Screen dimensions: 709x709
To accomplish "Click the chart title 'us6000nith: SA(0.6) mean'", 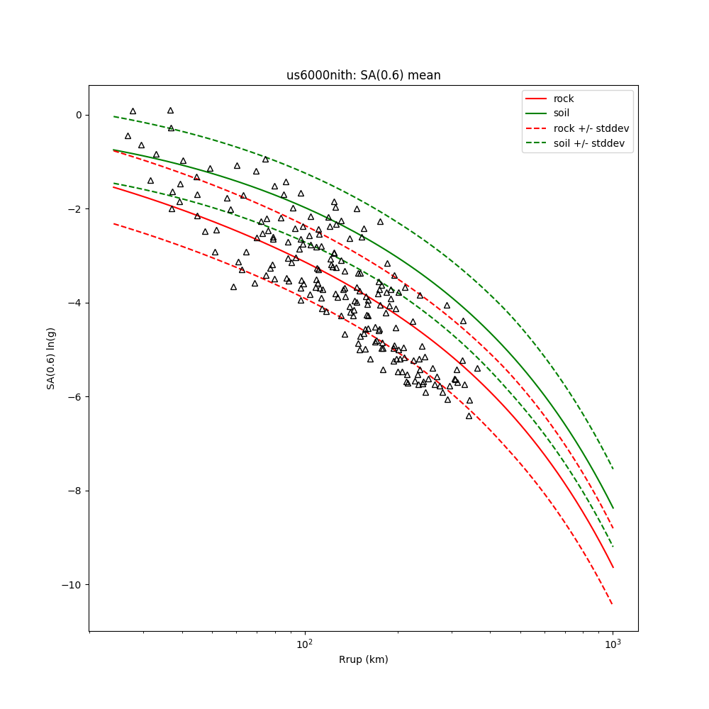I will click(363, 75).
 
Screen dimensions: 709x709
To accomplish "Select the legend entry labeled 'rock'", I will click(564, 99).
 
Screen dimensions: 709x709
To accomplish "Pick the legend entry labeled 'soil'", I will click(562, 113).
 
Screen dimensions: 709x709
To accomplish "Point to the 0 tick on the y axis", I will click(78, 115).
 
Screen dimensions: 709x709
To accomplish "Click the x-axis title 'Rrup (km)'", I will click(363, 660).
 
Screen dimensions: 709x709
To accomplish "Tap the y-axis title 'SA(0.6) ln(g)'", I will click(51, 358).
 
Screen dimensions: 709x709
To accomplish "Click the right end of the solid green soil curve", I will click(613, 508).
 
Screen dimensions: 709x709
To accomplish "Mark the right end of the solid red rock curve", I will click(613, 567).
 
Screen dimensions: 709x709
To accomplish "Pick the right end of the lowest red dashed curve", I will click(613, 604).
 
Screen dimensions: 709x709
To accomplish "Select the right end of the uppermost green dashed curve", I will click(613, 469).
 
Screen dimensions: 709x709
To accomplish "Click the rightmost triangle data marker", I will click(477, 369).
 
